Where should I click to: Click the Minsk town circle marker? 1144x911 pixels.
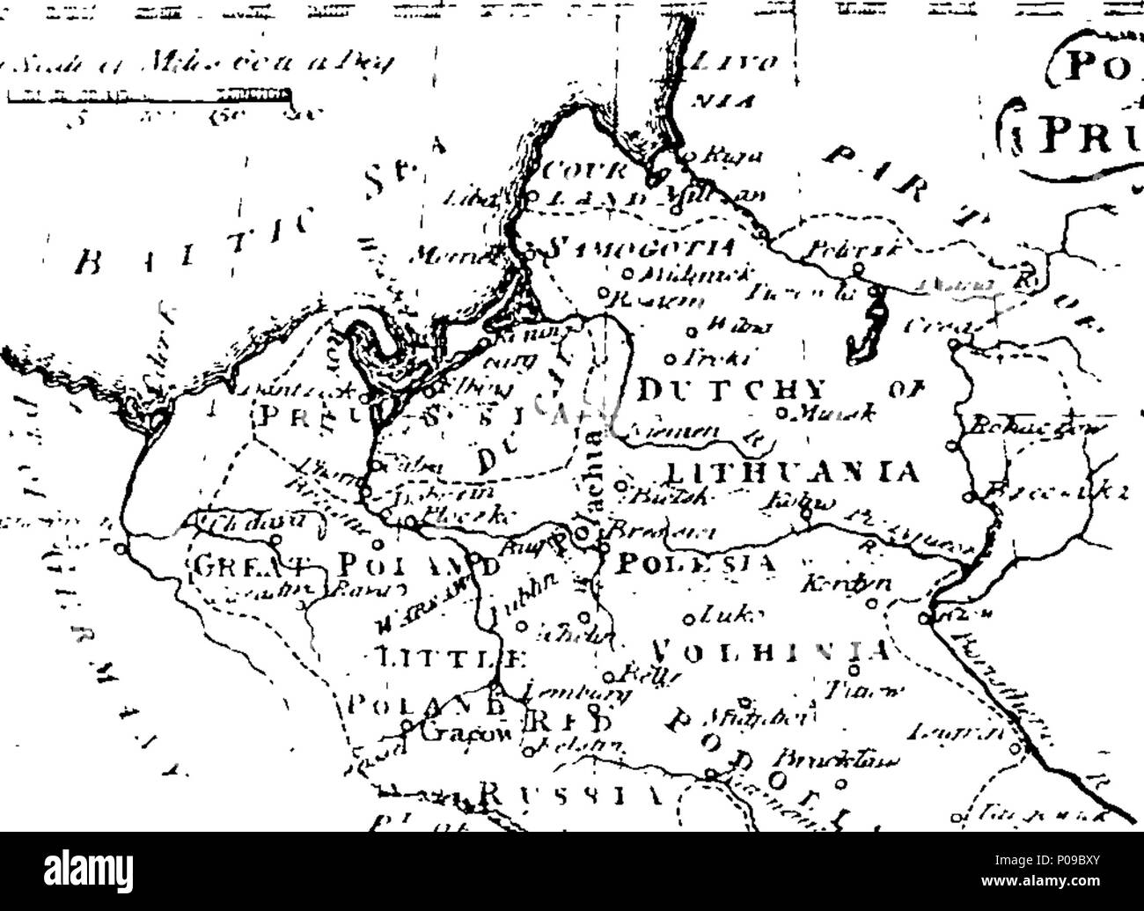coord(780,411)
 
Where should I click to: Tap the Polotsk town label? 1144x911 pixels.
coord(831,249)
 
